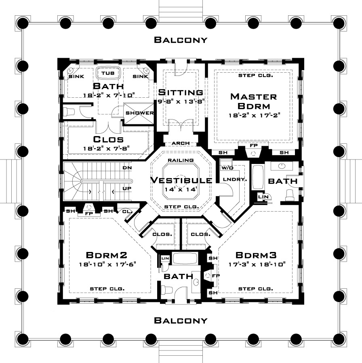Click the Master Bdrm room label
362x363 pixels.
pyautogui.click(x=253, y=101)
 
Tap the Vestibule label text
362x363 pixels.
pyautogui.click(x=181, y=180)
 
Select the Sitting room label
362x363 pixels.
pyautogui.click(x=180, y=92)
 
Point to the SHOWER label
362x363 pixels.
pyautogui.click(x=140, y=113)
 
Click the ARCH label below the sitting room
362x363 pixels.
pyautogui.click(x=181, y=143)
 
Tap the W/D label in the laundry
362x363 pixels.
pyautogui.click(x=225, y=167)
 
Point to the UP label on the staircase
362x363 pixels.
pyautogui.click(x=126, y=188)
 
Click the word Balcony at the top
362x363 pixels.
pyautogui.click(x=181, y=40)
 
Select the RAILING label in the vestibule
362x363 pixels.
pyautogui.click(x=181, y=160)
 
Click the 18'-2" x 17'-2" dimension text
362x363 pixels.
pyautogui.click(x=253, y=115)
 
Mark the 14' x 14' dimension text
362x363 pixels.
pyautogui.click(x=181, y=189)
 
